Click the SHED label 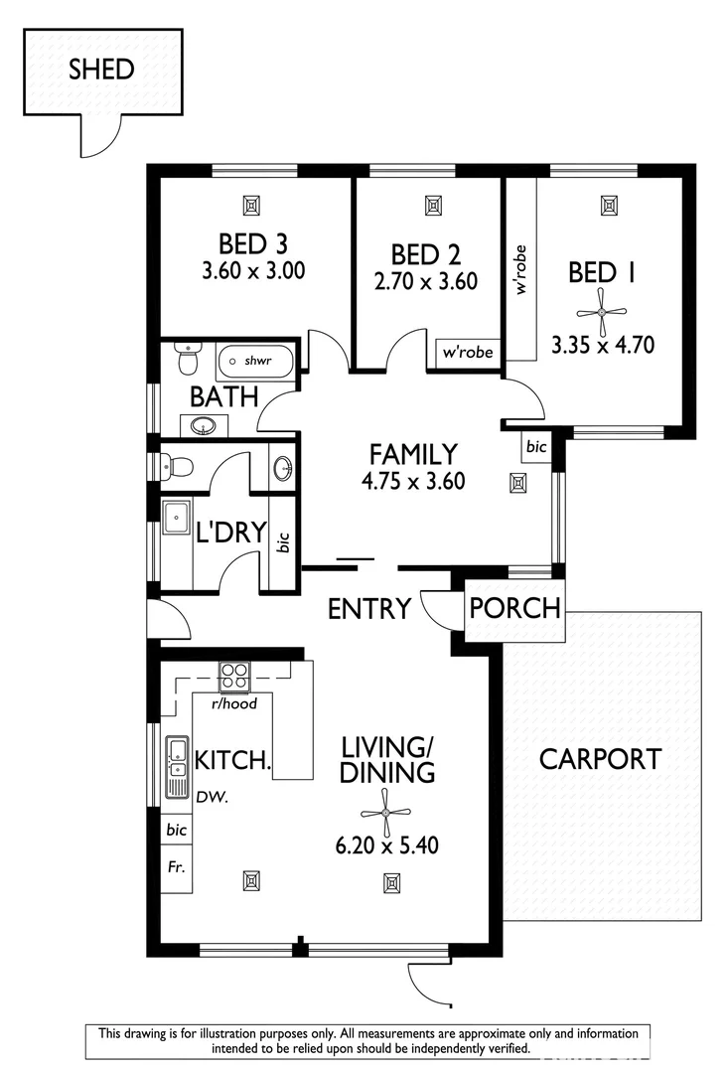[x=101, y=70]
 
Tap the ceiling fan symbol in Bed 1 [x=603, y=312]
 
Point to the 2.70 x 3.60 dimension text [x=425, y=281]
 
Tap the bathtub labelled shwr [x=255, y=360]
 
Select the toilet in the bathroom [x=186, y=359]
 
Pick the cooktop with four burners [x=234, y=677]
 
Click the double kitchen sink [x=178, y=767]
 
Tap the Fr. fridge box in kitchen [x=177, y=866]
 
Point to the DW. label [x=208, y=797]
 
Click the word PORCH [x=514, y=608]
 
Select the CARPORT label [x=600, y=760]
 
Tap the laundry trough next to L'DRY [x=178, y=519]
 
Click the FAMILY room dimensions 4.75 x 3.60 [x=413, y=482]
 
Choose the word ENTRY [x=369, y=608]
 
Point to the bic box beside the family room [x=536, y=447]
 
